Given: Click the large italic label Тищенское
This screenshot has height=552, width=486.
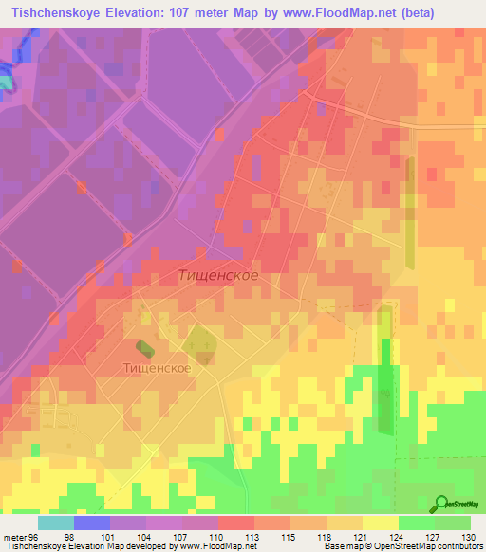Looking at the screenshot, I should [x=217, y=275].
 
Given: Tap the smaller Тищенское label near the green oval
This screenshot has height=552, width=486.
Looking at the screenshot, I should [x=157, y=367].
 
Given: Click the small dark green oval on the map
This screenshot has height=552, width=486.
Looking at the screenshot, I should [x=142, y=350].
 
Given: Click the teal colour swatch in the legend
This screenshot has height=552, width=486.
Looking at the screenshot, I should [x=56, y=523].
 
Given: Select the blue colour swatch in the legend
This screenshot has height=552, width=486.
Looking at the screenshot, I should [x=92, y=523].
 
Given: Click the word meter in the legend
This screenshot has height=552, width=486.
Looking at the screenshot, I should [x=13, y=537].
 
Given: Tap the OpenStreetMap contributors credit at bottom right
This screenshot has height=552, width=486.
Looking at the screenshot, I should [x=427, y=546].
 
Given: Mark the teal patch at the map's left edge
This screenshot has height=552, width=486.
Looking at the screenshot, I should [x=6, y=82].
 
